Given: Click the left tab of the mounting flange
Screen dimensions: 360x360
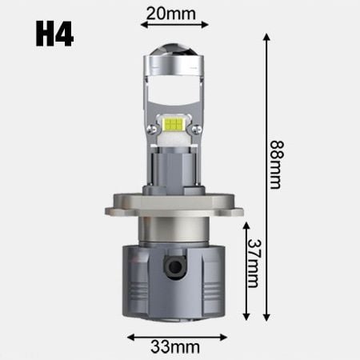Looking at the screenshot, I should click(x=113, y=210).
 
